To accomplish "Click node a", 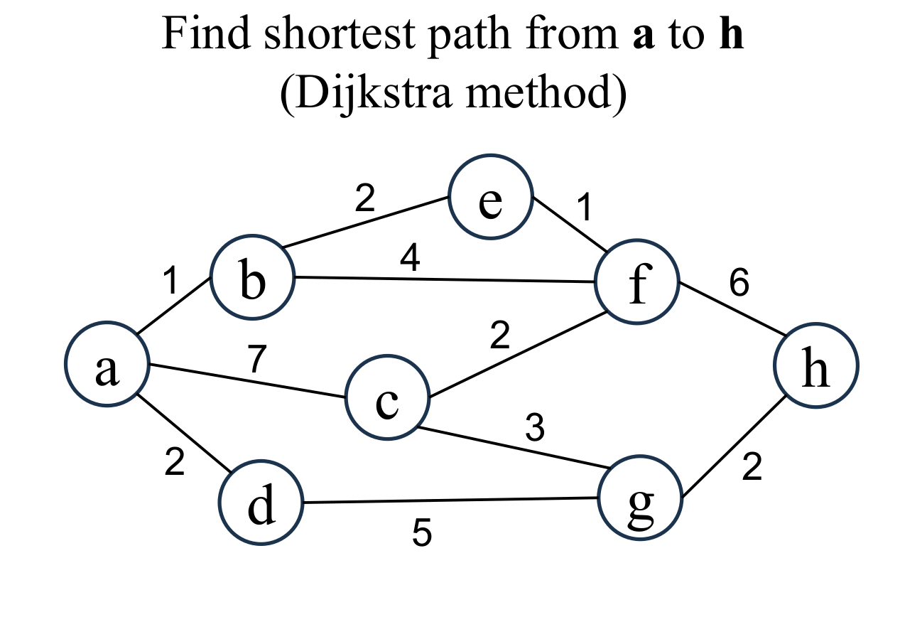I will (x=107, y=365).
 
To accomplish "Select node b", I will (x=251, y=279).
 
